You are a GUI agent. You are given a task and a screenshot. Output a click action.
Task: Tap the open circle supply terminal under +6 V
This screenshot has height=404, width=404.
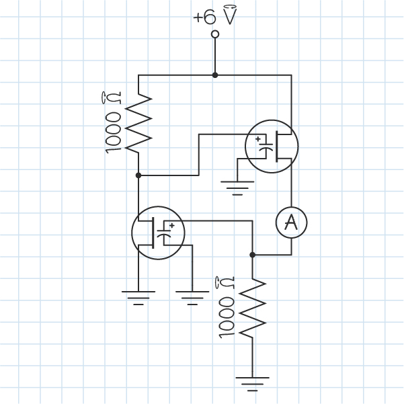coord(215,34)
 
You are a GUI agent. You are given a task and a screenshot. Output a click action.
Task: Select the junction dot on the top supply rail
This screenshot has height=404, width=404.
coord(215,75)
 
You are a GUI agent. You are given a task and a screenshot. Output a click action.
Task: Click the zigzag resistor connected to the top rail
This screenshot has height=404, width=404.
coord(138,122)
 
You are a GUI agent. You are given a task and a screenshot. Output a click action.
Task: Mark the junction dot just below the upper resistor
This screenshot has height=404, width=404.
coord(138,175)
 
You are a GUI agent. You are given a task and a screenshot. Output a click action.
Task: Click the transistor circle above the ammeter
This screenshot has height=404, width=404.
coord(272,147)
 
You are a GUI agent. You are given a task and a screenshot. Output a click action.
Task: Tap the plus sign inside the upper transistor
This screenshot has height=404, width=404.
coord(258,139)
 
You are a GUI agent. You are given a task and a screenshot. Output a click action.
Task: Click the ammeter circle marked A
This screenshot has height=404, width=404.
coord(291,222)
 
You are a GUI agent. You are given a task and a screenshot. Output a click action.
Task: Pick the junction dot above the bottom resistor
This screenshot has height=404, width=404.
coord(252,255)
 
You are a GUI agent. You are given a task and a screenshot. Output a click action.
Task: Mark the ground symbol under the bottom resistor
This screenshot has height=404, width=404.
coord(252,382)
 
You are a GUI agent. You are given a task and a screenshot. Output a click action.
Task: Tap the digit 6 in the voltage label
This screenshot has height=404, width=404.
coord(208,17)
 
